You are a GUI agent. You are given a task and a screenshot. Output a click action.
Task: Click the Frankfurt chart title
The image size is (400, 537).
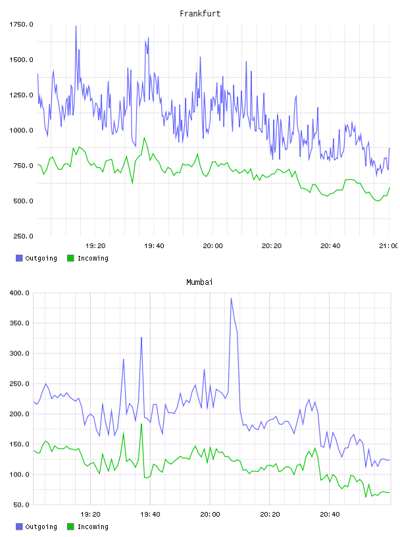click(200, 14)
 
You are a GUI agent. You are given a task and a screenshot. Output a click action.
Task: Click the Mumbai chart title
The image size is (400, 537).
click(199, 282)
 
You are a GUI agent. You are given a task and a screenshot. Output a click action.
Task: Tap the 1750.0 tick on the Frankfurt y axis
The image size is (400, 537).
click(21, 24)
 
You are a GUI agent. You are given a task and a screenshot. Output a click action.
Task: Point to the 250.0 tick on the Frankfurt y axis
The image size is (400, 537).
click(23, 236)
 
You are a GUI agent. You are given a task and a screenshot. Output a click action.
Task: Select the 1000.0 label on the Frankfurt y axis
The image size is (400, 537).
click(21, 130)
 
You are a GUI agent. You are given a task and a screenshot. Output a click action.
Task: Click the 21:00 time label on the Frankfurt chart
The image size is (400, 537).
click(388, 246)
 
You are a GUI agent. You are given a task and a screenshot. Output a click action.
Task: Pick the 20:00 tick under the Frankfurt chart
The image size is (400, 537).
click(213, 246)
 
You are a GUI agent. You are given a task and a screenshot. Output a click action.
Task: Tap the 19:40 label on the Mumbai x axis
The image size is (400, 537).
click(150, 515)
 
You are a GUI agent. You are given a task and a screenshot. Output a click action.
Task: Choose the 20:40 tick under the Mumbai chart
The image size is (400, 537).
click(330, 515)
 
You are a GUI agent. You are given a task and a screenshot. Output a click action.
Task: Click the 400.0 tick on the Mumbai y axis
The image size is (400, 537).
click(20, 293)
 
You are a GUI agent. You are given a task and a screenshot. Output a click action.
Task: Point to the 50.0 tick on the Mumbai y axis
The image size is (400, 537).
click(22, 505)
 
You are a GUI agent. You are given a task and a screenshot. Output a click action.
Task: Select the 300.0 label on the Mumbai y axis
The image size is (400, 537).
click(20, 353)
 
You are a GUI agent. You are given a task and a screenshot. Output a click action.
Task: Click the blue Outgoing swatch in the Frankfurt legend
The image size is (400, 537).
click(19, 258)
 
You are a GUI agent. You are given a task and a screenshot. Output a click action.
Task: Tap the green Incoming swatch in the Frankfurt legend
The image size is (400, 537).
click(70, 258)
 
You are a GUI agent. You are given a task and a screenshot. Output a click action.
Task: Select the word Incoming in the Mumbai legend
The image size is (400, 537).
click(93, 526)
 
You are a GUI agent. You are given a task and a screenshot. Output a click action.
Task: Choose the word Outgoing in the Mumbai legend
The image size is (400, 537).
click(41, 526)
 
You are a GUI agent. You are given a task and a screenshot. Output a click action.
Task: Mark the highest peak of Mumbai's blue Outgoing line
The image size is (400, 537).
click(231, 298)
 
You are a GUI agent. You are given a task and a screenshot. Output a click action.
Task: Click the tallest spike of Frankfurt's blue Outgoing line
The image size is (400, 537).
click(76, 26)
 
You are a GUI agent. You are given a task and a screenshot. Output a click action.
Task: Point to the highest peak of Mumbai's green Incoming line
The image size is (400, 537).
click(141, 424)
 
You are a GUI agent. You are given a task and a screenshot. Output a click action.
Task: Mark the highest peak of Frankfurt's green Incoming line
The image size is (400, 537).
click(144, 138)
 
